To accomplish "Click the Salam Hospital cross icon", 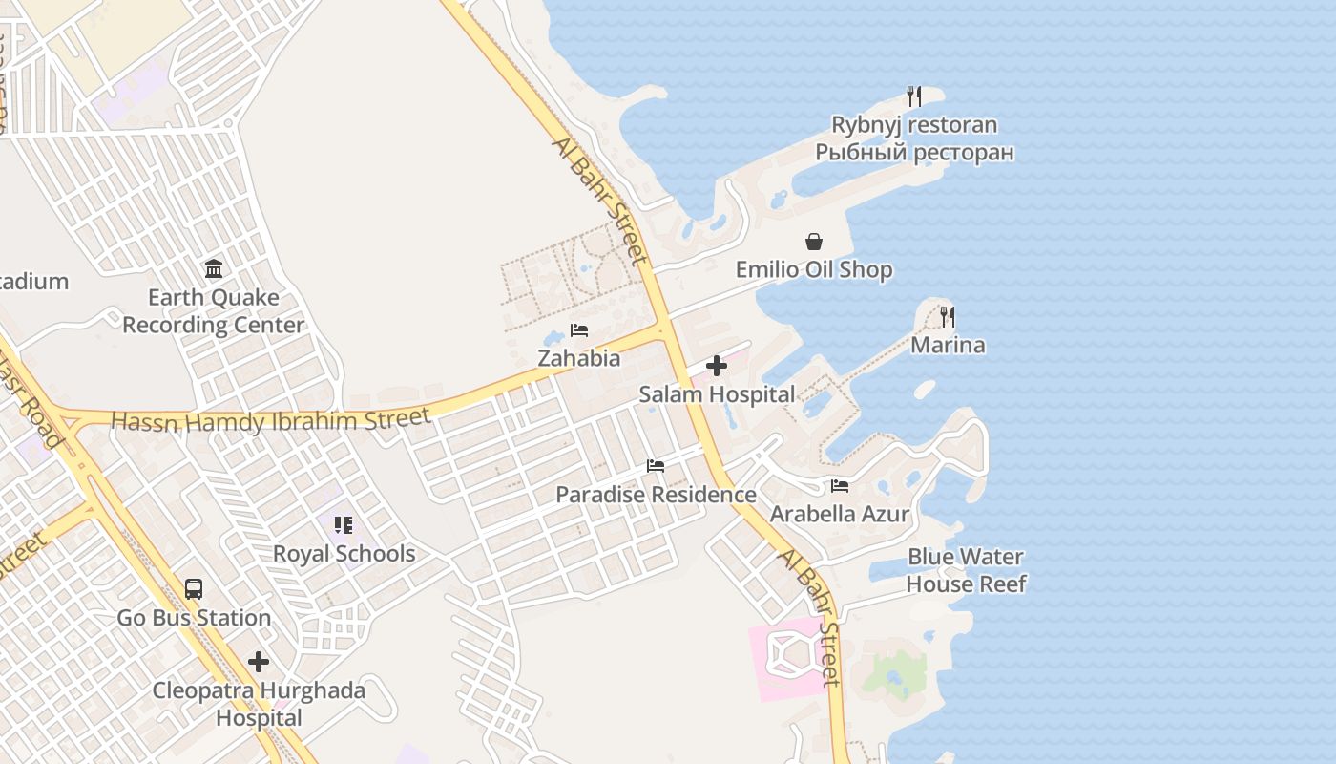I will click(x=717, y=366).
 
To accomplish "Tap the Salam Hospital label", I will click(x=717, y=394).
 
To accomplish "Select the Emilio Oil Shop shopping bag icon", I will click(x=814, y=242).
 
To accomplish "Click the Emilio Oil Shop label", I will click(x=814, y=270).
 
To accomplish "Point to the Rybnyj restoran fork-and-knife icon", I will click(x=913, y=96).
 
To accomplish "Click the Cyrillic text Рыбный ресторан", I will click(x=914, y=153).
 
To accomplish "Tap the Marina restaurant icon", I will click(x=948, y=316).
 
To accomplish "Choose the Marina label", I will click(x=948, y=345).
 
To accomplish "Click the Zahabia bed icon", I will click(x=579, y=330).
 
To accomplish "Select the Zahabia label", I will click(x=579, y=359).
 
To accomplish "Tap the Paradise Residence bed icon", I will click(x=656, y=466).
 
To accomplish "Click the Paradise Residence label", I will click(x=656, y=495).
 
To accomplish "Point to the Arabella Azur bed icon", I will click(x=840, y=486).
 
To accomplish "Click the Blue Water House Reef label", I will click(x=966, y=570).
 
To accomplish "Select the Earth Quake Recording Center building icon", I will click(x=214, y=268).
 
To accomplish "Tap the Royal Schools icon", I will click(x=344, y=524).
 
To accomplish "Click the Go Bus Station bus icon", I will click(x=194, y=588).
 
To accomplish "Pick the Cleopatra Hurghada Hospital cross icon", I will click(x=259, y=662).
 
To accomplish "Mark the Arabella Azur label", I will click(x=840, y=515).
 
